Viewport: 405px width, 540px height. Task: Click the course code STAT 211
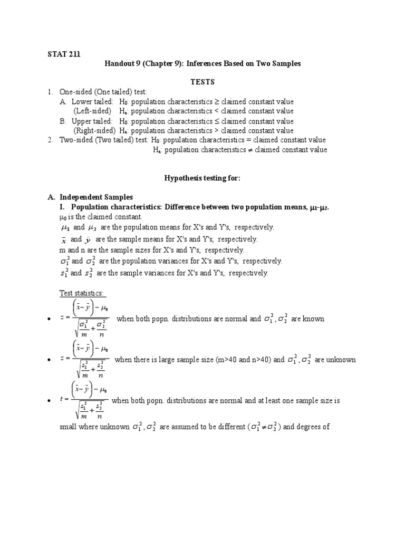(x=64, y=54)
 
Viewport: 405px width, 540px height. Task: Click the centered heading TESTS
(x=202, y=82)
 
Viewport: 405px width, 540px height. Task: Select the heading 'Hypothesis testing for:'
(x=202, y=178)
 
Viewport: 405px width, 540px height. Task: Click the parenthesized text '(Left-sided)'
(x=92, y=111)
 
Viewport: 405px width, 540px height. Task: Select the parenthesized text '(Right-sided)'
(x=94, y=130)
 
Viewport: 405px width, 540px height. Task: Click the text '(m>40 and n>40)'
(x=242, y=360)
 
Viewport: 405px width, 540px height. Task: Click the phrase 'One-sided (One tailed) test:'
(x=103, y=92)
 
